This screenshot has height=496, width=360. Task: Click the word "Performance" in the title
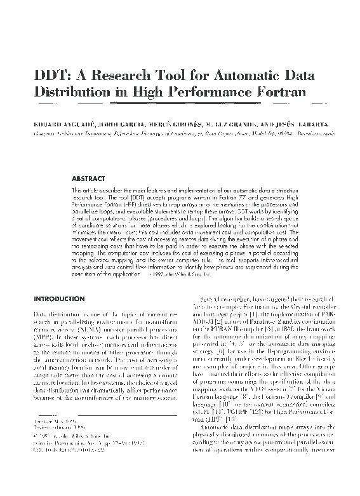tap(210, 93)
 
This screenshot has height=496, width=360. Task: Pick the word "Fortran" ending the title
tap(282, 93)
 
